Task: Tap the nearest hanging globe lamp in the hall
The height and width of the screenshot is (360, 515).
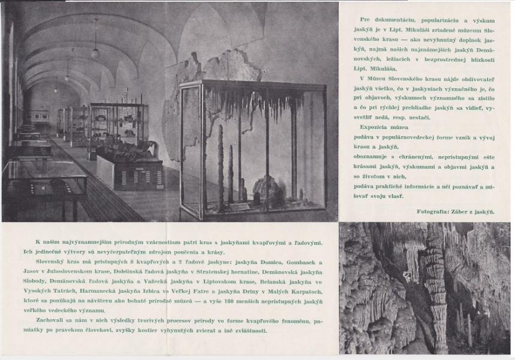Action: (x=95, y=53)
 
